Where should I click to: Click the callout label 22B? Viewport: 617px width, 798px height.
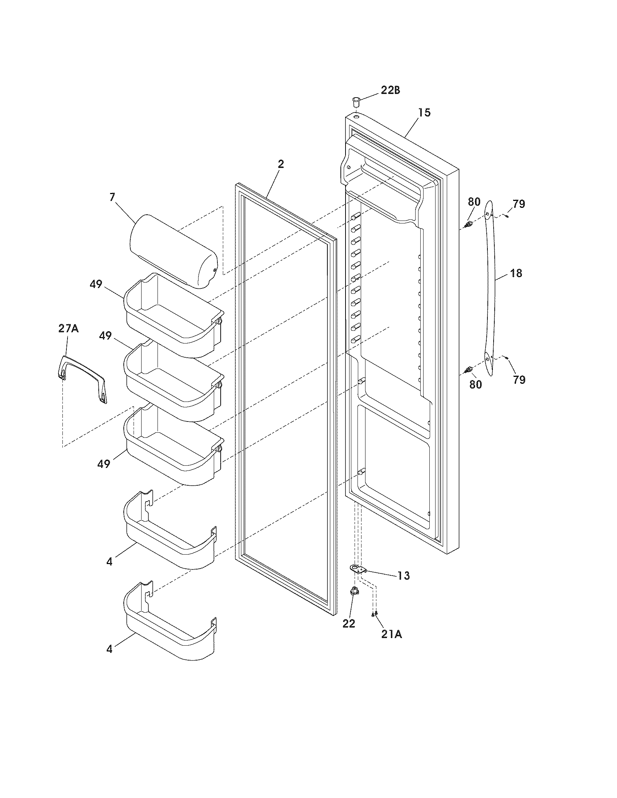pos(390,90)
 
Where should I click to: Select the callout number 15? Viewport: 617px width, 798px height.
pos(424,112)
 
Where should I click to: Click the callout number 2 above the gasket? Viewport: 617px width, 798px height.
pos(280,164)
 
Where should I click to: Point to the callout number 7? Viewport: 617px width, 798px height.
pos(112,197)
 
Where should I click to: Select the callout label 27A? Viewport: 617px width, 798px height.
pos(68,329)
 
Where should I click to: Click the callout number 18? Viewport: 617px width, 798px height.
pos(516,273)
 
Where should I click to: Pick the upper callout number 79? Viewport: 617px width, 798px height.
pos(519,204)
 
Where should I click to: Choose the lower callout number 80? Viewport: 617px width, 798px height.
pos(475,384)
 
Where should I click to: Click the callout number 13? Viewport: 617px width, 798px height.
pos(404,576)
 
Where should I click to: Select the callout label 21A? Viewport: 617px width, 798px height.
pos(391,635)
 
